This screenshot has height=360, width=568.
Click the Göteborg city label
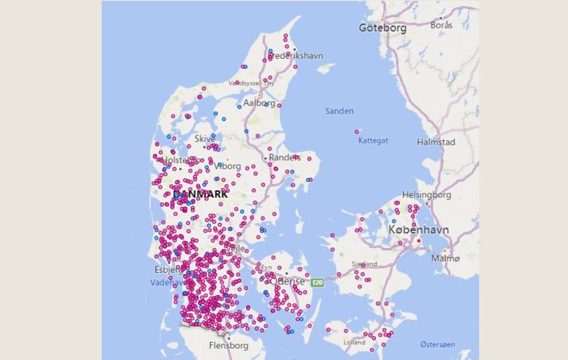tap(382, 28)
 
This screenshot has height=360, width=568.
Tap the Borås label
tap(441, 25)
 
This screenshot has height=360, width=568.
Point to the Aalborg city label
tap(259, 103)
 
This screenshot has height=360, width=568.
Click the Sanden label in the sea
tap(339, 111)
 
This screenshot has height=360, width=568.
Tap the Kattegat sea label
tap(373, 140)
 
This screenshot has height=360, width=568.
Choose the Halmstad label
tap(436, 142)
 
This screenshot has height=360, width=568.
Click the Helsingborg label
tap(426, 194)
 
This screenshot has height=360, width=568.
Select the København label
tap(418, 229)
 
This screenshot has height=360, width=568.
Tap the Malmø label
tap(445, 258)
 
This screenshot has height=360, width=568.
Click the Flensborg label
tap(229, 345)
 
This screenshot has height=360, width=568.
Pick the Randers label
tap(285, 157)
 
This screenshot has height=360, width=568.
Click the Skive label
tap(205, 139)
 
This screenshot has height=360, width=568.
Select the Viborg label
tap(227, 166)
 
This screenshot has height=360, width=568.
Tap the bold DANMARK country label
tap(201, 194)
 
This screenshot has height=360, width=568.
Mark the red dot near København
tap(419, 241)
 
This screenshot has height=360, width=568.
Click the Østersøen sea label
tap(437, 344)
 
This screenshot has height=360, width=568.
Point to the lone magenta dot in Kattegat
tap(357, 131)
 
